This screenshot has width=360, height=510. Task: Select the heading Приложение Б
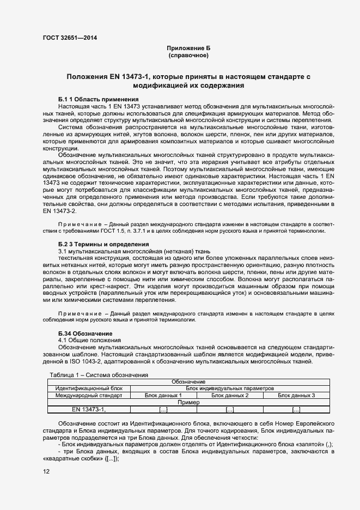188,48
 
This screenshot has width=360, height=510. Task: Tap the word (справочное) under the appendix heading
188,56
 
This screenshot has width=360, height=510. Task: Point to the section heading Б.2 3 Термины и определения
97,244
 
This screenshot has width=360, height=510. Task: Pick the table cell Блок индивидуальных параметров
229,388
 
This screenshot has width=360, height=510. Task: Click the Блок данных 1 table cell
163,395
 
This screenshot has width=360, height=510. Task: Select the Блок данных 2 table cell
229,395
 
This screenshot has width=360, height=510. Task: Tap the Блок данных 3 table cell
296,395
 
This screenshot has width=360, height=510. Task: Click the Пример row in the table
188,402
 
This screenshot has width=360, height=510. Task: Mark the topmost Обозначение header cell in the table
188,382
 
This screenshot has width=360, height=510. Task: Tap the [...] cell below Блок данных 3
296,409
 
